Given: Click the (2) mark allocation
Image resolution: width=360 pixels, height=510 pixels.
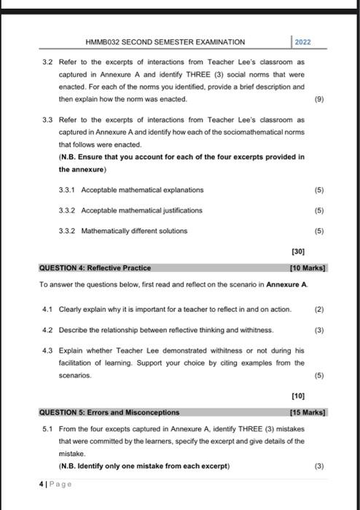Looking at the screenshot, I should pos(318,309).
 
